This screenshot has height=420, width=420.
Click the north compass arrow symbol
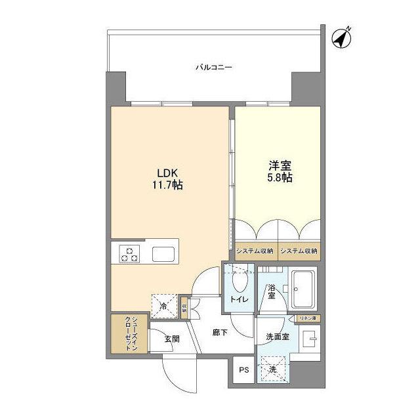[x=341, y=39]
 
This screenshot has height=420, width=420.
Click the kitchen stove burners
[x=129, y=253]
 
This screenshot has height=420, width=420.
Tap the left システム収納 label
[x=255, y=251]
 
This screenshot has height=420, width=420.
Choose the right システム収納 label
[x=298, y=251]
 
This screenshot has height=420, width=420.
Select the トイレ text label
[x=238, y=300]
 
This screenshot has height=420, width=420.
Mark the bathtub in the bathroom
[x=303, y=289]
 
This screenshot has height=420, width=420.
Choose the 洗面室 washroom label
[x=277, y=337]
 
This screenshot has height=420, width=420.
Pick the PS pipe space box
[x=244, y=370]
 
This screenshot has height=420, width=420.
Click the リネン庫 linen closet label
[x=306, y=318]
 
